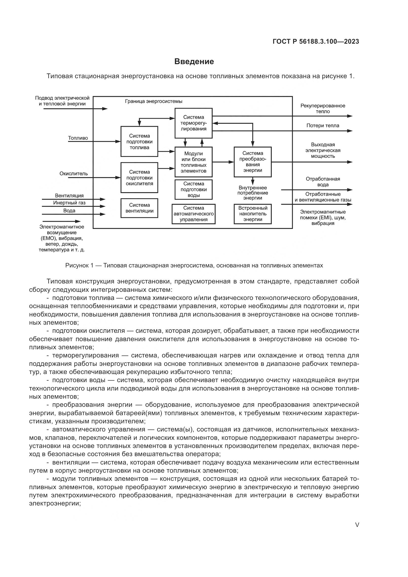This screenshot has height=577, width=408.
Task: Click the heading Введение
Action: (194, 62)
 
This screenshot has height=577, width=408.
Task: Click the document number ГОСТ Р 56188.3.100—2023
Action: (315, 42)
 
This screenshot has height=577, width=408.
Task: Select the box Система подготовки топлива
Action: (139, 142)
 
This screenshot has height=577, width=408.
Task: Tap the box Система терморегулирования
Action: (193, 123)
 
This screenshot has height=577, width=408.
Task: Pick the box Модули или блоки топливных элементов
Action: (193, 162)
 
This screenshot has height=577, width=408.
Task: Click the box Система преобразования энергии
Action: (253, 162)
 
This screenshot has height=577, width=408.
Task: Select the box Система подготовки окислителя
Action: (139, 178)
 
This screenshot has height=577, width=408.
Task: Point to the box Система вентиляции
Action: (139, 208)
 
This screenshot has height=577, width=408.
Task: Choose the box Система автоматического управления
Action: (193, 214)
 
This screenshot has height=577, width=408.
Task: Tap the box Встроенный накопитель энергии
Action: (253, 214)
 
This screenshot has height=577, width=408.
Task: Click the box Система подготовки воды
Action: (193, 189)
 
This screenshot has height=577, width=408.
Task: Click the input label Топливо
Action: (78, 138)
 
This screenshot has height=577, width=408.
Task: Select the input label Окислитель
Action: (74, 174)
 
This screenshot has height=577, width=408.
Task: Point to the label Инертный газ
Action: (69, 203)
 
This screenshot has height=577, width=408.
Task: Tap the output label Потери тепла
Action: (323, 126)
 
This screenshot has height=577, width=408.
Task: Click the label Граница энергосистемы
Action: (153, 102)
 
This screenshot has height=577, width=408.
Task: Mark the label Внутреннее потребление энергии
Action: (253, 193)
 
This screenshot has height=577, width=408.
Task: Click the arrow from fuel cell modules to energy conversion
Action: (223, 162)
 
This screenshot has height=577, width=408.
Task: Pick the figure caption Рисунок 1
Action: (194, 265)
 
